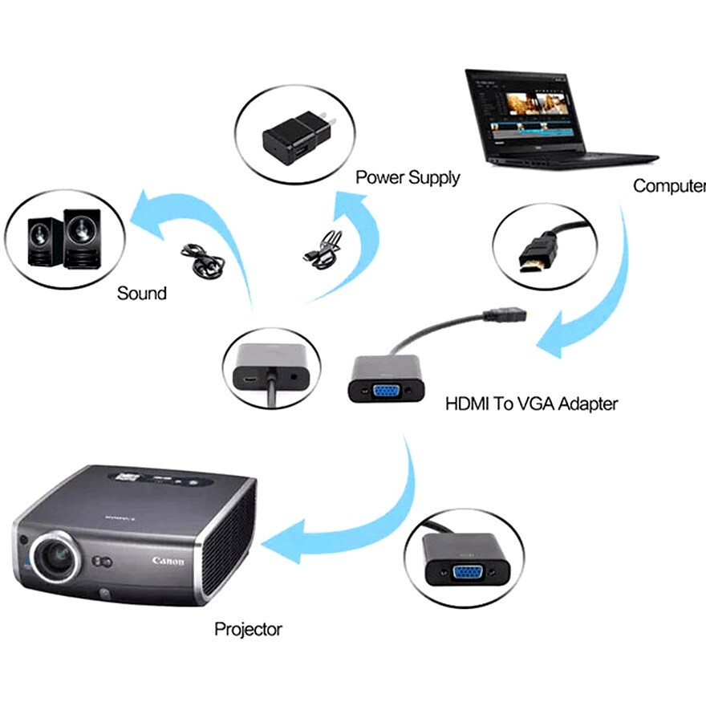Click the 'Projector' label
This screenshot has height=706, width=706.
click(x=248, y=629)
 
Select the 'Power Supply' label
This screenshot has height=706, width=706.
click(x=408, y=177)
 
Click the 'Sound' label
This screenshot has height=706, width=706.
click(x=142, y=293)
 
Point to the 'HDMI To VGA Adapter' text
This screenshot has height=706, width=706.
click(x=531, y=403)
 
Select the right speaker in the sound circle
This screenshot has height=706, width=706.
click(x=83, y=233)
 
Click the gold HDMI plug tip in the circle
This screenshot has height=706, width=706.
click(x=531, y=262)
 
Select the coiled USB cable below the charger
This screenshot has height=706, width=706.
click(x=324, y=250)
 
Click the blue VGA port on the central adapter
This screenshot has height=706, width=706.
click(x=386, y=391)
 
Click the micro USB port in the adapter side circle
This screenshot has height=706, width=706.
click(x=250, y=375)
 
